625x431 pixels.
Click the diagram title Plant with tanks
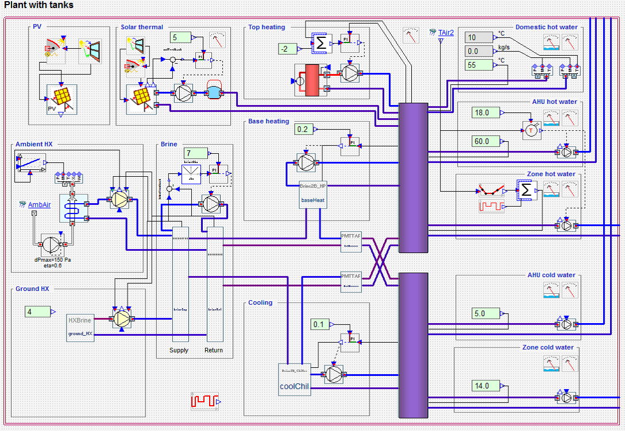pos(38,5)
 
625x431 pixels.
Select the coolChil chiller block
pos(294,379)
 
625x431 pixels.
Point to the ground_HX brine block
pos(80,327)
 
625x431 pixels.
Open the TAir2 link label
pos(446,33)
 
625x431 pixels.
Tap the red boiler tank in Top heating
pos(311,80)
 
